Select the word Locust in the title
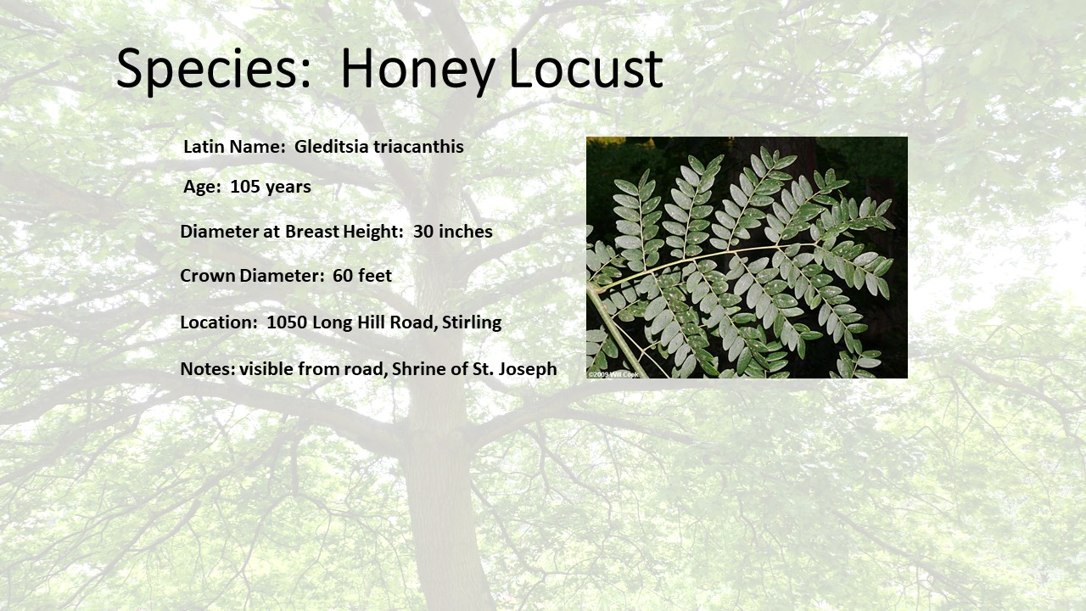pos(586,68)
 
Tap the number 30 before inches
pos(423,232)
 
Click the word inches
pos(466,232)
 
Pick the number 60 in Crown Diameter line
pos(343,276)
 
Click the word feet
pos(375,276)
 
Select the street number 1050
pos(287,322)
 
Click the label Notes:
pos(208,368)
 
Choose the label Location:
pos(219,322)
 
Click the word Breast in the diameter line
pos(311,232)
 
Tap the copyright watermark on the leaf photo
pos(613,374)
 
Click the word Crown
pos(208,276)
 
